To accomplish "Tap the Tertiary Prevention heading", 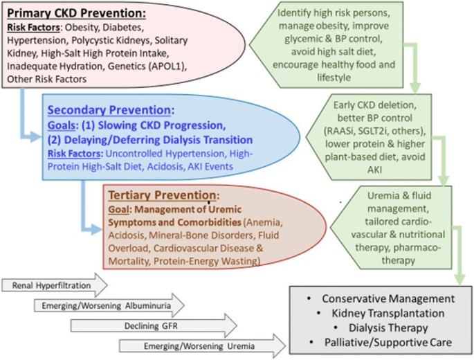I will coord(161,196).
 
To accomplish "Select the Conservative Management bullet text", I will coord(379,298).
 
